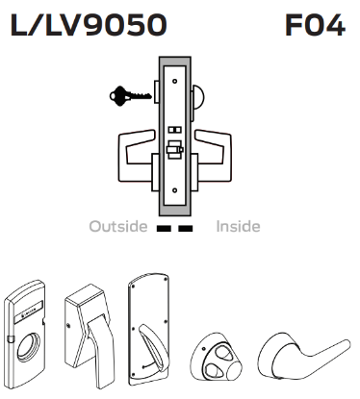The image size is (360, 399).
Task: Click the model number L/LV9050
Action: (x=87, y=24)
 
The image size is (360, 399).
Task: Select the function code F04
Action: (x=315, y=24)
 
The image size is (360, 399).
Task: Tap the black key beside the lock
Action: (x=125, y=96)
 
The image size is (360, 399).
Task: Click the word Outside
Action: (x=117, y=227)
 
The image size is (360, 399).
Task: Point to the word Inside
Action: (x=238, y=227)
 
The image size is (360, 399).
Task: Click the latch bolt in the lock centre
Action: (x=175, y=152)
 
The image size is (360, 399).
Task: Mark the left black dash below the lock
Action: (x=164, y=229)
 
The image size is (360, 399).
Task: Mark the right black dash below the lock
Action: (x=185, y=229)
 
